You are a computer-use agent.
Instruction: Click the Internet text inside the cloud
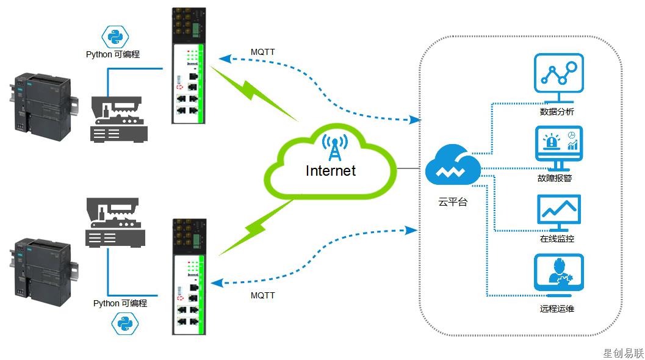pyautogui.click(x=330, y=171)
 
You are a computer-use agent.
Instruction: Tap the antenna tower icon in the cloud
pyautogui.click(x=334, y=146)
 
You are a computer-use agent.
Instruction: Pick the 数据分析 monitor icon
pyautogui.click(x=558, y=77)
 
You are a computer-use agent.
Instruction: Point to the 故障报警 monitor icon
pyautogui.click(x=558, y=147)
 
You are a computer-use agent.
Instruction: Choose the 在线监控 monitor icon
pyautogui.click(x=558, y=211)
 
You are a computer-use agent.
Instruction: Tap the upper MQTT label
pyautogui.click(x=262, y=52)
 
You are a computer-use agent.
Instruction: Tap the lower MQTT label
pyautogui.click(x=262, y=295)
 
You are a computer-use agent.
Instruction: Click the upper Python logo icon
pyautogui.click(x=113, y=37)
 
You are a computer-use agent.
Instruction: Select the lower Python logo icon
pyautogui.click(x=124, y=323)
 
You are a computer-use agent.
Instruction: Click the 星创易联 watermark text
pyautogui.click(x=623, y=353)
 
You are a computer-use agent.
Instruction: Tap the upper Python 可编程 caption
pyautogui.click(x=113, y=54)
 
